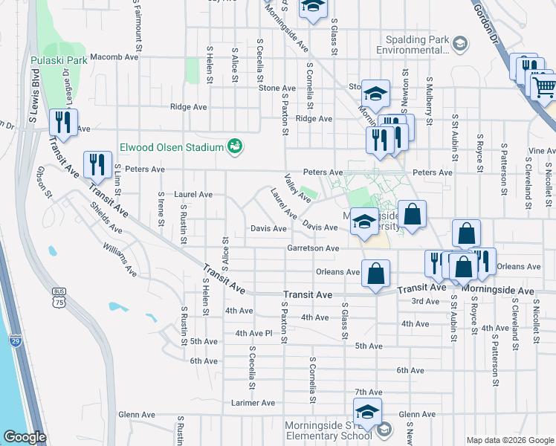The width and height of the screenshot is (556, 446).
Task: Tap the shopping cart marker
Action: coord(545,88)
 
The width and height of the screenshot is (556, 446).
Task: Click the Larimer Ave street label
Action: coord(253,403)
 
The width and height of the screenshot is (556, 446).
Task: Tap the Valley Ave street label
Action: coord(298,188)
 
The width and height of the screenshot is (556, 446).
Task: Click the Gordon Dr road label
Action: coord(492,30)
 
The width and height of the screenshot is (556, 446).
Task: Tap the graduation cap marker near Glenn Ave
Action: coord(367,413)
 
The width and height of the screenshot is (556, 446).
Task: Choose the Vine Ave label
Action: coord(541,151)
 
